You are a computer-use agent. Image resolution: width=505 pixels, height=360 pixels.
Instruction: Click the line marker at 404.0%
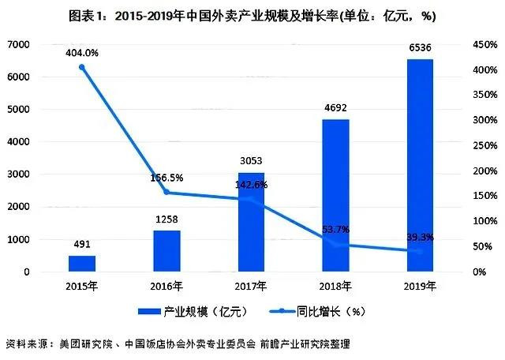click(x=81, y=67)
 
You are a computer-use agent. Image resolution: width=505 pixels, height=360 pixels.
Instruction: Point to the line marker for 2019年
click(x=418, y=252)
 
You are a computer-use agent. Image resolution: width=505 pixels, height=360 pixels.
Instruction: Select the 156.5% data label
click(x=166, y=178)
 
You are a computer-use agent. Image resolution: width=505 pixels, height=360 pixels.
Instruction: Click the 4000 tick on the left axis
click(x=18, y=142)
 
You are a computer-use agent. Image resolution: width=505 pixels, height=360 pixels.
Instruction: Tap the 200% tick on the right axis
click(x=485, y=171)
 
